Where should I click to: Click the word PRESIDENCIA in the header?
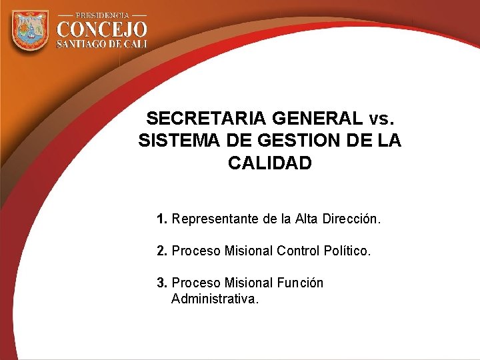(101, 15)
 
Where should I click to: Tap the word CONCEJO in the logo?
(101, 29)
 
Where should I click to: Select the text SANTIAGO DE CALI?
(101, 44)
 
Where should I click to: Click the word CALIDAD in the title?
(269, 163)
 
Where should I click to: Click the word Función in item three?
(299, 283)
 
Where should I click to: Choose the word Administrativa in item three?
(213, 299)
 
